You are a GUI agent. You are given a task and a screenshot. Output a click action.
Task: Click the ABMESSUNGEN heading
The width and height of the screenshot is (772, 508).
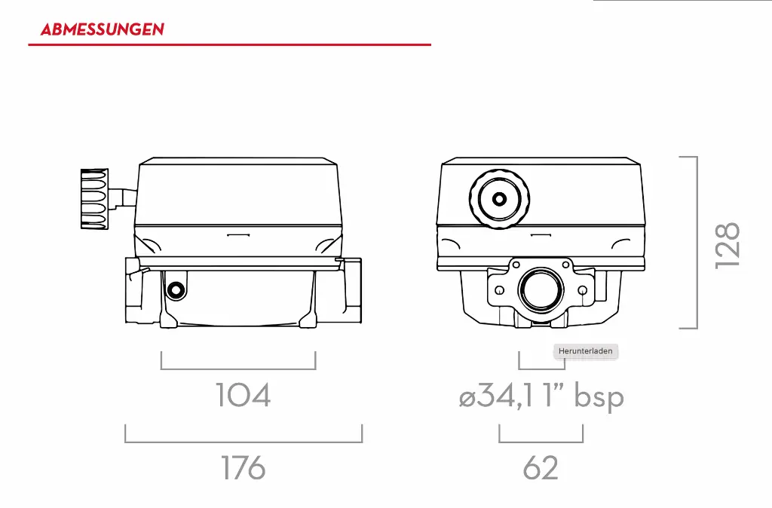click(102, 30)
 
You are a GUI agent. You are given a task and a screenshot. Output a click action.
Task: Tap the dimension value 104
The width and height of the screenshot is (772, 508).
click(243, 396)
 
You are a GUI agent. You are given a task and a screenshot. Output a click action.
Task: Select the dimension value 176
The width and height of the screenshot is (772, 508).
click(243, 468)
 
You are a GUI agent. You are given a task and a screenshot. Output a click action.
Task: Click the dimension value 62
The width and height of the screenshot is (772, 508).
click(541, 468)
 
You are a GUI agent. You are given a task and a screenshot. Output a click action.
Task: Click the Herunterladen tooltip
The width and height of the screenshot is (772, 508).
click(586, 351)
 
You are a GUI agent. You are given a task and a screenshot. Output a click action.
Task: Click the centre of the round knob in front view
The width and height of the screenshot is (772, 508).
click(499, 200)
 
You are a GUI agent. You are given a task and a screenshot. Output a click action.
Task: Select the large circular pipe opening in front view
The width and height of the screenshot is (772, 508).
click(541, 289)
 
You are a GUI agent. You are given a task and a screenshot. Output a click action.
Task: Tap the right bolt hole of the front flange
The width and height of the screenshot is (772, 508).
click(582, 290)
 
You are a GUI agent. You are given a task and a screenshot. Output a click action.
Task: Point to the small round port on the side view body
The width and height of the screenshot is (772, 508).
click(176, 289)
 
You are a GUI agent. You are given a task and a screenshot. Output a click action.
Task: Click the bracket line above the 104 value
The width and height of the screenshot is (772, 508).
click(238, 369)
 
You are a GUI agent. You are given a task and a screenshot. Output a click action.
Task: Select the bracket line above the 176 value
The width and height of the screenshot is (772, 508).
click(244, 441)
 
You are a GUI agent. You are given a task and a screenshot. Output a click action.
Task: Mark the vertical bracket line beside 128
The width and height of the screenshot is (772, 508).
click(696, 242)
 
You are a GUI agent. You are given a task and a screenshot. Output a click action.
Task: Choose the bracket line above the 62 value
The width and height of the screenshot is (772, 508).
click(541, 441)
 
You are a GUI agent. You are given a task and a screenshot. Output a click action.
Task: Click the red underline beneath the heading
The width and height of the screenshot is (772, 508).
click(229, 45)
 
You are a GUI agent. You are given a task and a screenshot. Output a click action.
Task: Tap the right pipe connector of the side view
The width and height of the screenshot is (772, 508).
click(354, 291)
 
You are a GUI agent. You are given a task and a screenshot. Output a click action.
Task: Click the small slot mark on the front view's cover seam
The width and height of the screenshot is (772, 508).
click(541, 236)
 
